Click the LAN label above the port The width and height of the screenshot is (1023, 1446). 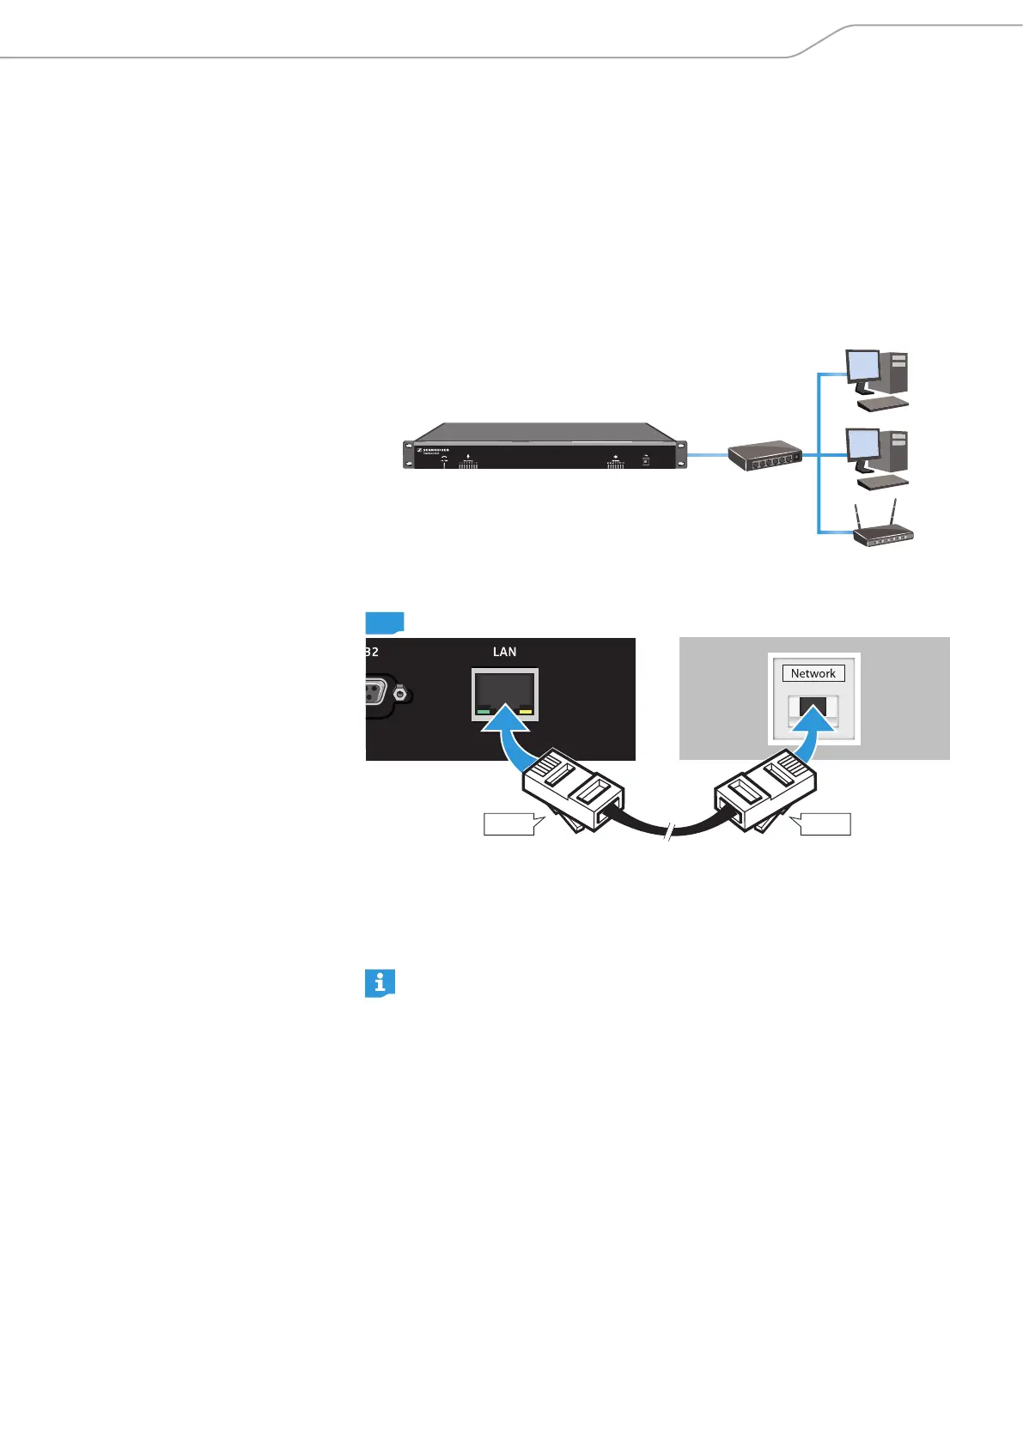click(504, 652)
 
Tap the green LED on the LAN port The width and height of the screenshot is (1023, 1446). click(484, 711)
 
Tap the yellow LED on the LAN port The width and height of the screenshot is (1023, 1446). click(525, 711)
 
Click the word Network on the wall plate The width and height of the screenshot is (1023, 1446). click(813, 673)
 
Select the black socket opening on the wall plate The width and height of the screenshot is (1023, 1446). click(813, 707)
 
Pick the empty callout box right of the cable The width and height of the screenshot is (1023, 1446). click(822, 824)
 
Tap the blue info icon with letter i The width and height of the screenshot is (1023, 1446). click(380, 983)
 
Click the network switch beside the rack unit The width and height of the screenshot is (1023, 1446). click(764, 458)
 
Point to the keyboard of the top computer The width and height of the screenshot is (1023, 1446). click(883, 404)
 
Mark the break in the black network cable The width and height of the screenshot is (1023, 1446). click(668, 830)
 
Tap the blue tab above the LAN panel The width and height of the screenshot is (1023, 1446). click(384, 623)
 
